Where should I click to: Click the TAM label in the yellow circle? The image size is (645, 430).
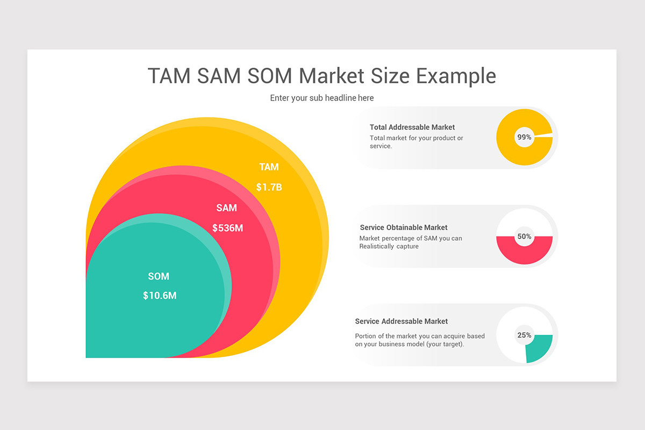pos(269,167)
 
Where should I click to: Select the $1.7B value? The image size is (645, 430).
pos(269,188)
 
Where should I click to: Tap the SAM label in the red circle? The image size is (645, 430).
pos(226,208)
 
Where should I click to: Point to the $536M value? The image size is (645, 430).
pos(227,228)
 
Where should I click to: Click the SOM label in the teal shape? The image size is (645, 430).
pos(159,276)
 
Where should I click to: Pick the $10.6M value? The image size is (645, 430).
pos(160,296)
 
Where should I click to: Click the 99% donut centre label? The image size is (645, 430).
pos(524,137)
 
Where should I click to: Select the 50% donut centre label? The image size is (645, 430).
pos(524,236)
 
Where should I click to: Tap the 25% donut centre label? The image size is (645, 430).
pos(524,335)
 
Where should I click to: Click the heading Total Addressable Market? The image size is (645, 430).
pos(412,127)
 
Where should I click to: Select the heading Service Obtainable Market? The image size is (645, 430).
pos(404,227)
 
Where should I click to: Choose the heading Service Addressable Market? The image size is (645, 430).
pos(401,321)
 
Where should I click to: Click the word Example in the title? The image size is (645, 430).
pos(456,76)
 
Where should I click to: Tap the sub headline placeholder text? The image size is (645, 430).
pos(322,98)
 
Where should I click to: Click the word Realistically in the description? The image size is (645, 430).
pos(377,247)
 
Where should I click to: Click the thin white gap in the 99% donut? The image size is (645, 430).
pos(543,135)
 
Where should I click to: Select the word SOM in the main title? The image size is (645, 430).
pos(270,76)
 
